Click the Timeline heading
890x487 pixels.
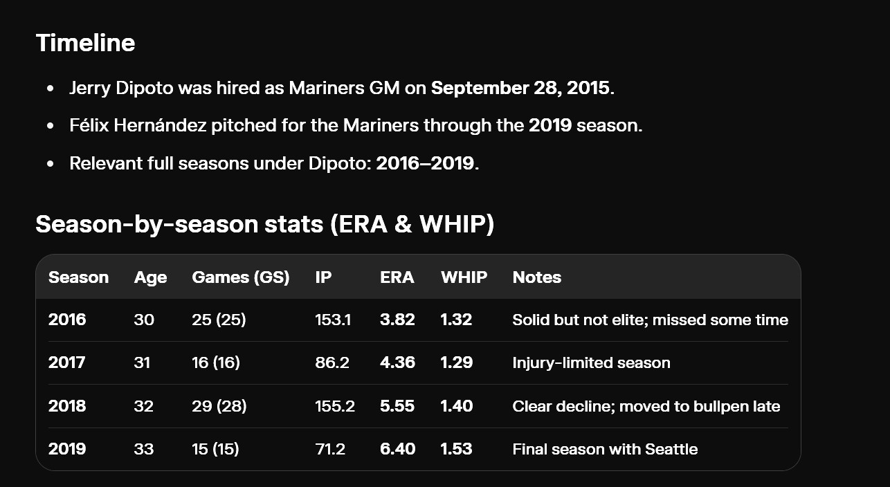(85, 42)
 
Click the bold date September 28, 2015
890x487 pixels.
(520, 88)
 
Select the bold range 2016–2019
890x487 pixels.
(425, 163)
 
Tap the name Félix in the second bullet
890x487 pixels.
(89, 125)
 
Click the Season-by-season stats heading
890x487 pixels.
(265, 223)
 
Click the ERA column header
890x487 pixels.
(397, 277)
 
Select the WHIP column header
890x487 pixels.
(464, 277)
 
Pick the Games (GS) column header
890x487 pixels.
(240, 277)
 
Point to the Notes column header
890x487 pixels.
(537, 277)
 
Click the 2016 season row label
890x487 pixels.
(67, 320)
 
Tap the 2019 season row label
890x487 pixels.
(67, 449)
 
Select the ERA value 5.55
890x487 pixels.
(397, 406)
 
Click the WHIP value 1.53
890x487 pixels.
(456, 449)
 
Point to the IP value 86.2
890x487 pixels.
(332, 362)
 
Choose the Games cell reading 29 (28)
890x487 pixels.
(219, 406)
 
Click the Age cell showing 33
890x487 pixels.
(144, 449)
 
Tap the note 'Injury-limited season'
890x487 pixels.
(591, 362)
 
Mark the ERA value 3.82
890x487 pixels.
(397, 320)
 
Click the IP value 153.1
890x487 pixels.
(333, 320)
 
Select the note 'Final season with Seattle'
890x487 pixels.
(605, 449)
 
